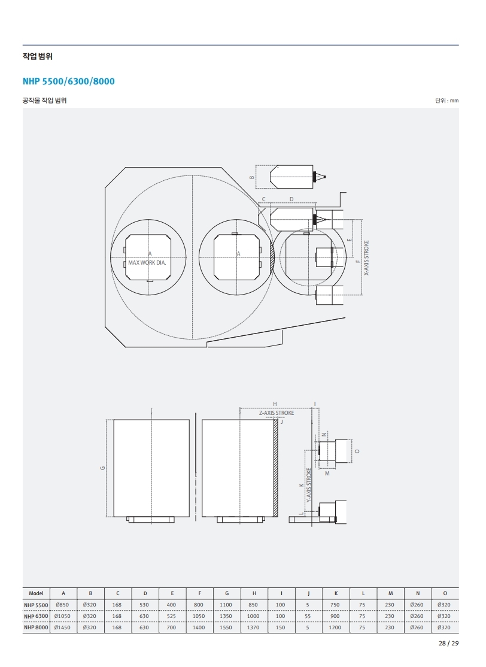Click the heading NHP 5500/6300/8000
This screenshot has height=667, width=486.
(68, 81)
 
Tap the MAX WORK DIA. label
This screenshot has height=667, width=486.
(147, 263)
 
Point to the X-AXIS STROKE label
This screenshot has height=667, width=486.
(366, 258)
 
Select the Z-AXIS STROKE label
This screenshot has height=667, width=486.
(277, 413)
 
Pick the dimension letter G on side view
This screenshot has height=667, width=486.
(102, 468)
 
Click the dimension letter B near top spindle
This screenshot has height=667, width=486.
(252, 177)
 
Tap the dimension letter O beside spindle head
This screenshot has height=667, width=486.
(357, 451)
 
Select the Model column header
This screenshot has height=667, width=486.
(36, 593)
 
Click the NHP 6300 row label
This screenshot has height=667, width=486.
(36, 616)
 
